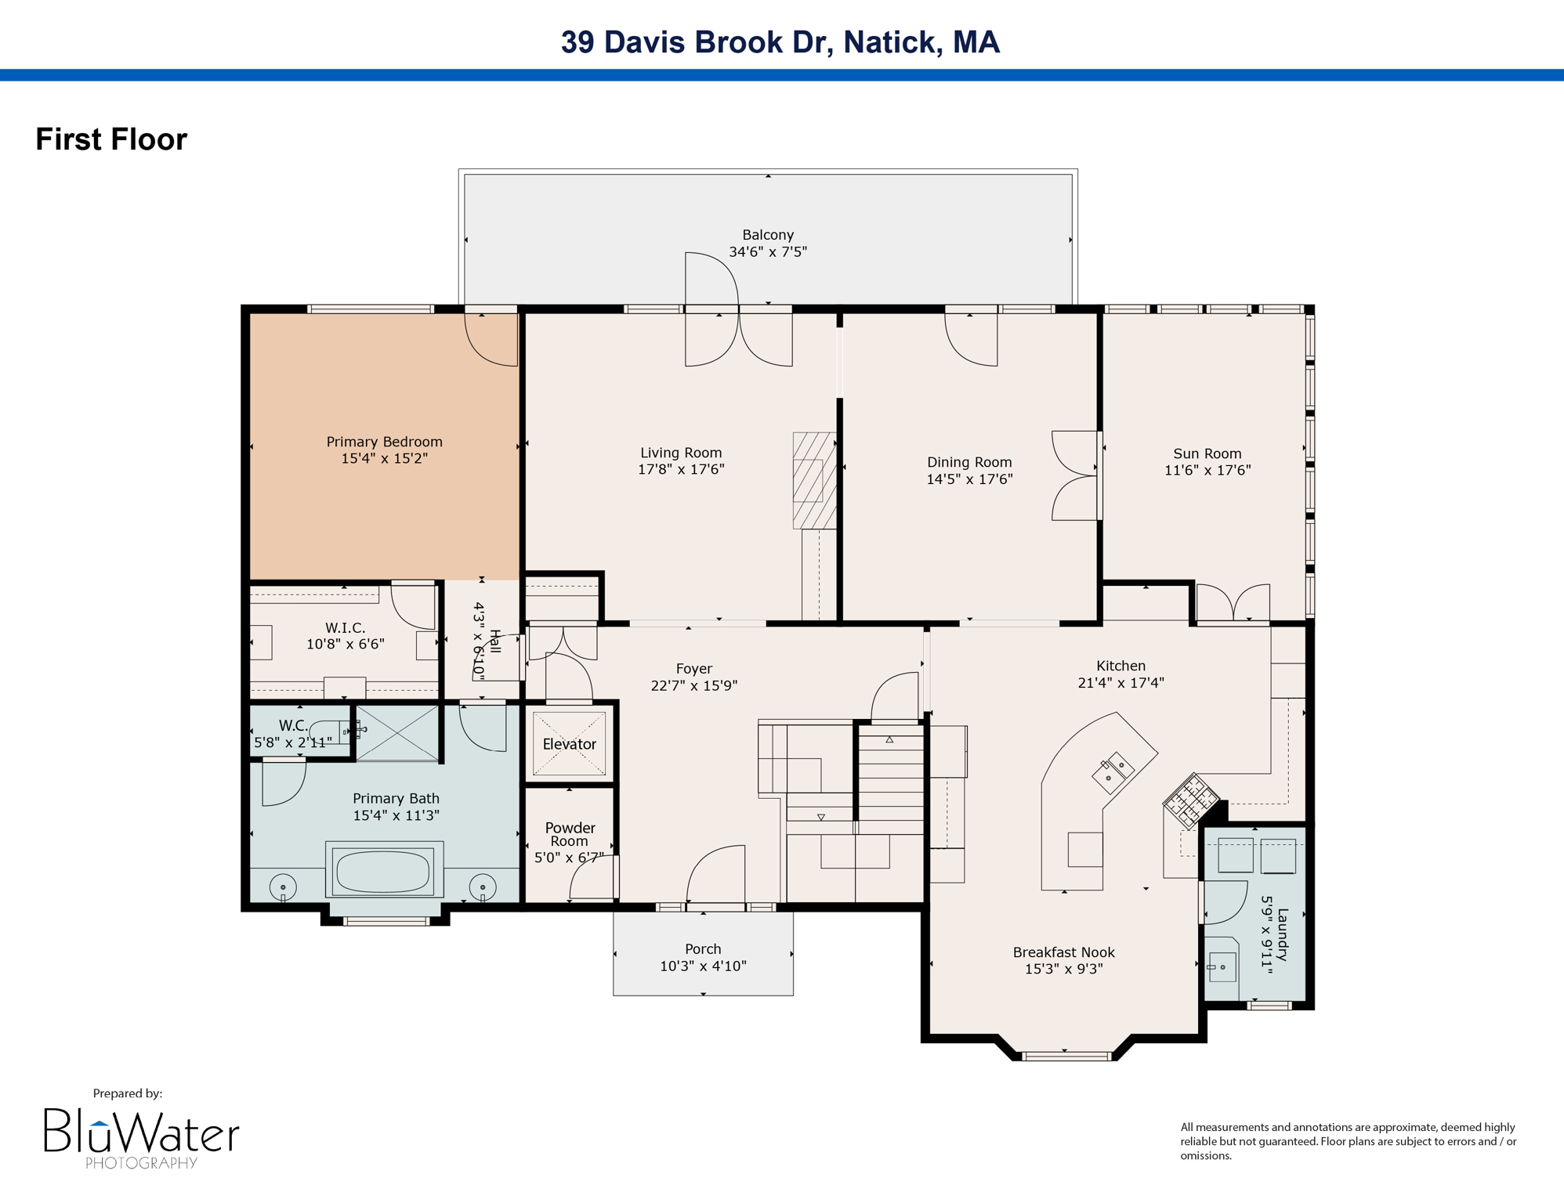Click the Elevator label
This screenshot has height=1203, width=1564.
[569, 744]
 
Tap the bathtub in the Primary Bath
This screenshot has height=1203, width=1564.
[383, 870]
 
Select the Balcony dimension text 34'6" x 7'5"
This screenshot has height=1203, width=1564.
[768, 251]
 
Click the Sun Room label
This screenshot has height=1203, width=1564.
[1207, 453]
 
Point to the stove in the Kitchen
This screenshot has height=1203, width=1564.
[1190, 800]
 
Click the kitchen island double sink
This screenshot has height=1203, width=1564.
[1113, 771]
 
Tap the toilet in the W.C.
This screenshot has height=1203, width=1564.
[328, 732]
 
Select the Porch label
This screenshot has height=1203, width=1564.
[703, 948]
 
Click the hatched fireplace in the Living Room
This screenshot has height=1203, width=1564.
[814, 480]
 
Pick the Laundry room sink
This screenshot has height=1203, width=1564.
[1222, 967]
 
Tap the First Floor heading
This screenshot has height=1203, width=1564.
[111, 139]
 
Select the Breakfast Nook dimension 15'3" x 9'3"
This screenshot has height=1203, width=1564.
[1063, 969]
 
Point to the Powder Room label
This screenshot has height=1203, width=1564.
[570, 834]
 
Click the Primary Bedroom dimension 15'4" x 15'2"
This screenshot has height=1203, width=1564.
[384, 458]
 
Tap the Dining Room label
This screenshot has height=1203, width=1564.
[969, 462]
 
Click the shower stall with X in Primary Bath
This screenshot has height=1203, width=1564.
[398, 733]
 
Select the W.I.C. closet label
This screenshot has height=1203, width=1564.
[346, 627]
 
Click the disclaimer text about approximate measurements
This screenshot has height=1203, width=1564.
[1348, 1140]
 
